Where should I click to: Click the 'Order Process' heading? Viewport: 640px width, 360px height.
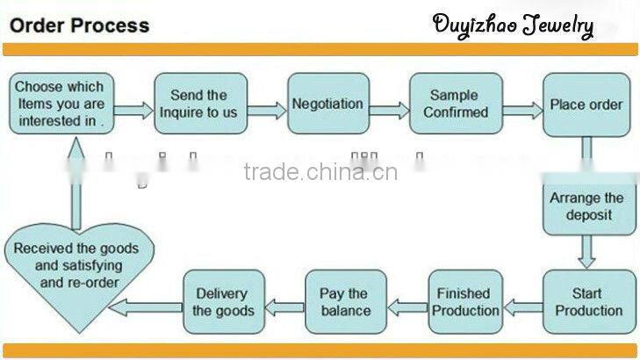(80, 24)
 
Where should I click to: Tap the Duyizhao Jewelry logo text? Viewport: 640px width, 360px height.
(513, 25)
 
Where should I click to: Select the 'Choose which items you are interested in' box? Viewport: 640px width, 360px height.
(60, 104)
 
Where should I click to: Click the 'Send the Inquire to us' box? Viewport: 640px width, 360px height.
(199, 104)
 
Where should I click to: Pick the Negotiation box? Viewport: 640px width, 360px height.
(327, 104)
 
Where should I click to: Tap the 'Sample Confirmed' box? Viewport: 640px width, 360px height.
(456, 104)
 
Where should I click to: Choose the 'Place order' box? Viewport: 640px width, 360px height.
(586, 104)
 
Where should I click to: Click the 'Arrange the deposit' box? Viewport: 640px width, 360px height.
(586, 206)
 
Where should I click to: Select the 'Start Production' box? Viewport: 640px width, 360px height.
(586, 301)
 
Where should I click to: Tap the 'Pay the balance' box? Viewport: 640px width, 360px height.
(345, 301)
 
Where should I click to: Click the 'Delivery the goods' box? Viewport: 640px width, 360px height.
(223, 301)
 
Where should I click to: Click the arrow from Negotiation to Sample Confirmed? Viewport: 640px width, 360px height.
(388, 111)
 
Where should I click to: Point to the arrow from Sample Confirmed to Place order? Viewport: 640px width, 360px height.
(522, 111)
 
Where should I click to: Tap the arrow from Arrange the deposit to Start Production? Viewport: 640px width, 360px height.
(586, 251)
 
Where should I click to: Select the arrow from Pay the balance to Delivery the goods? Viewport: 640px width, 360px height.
(284, 306)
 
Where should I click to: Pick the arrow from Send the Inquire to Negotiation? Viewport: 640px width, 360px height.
(268, 111)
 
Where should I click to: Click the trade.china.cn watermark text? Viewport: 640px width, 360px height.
(320, 171)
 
